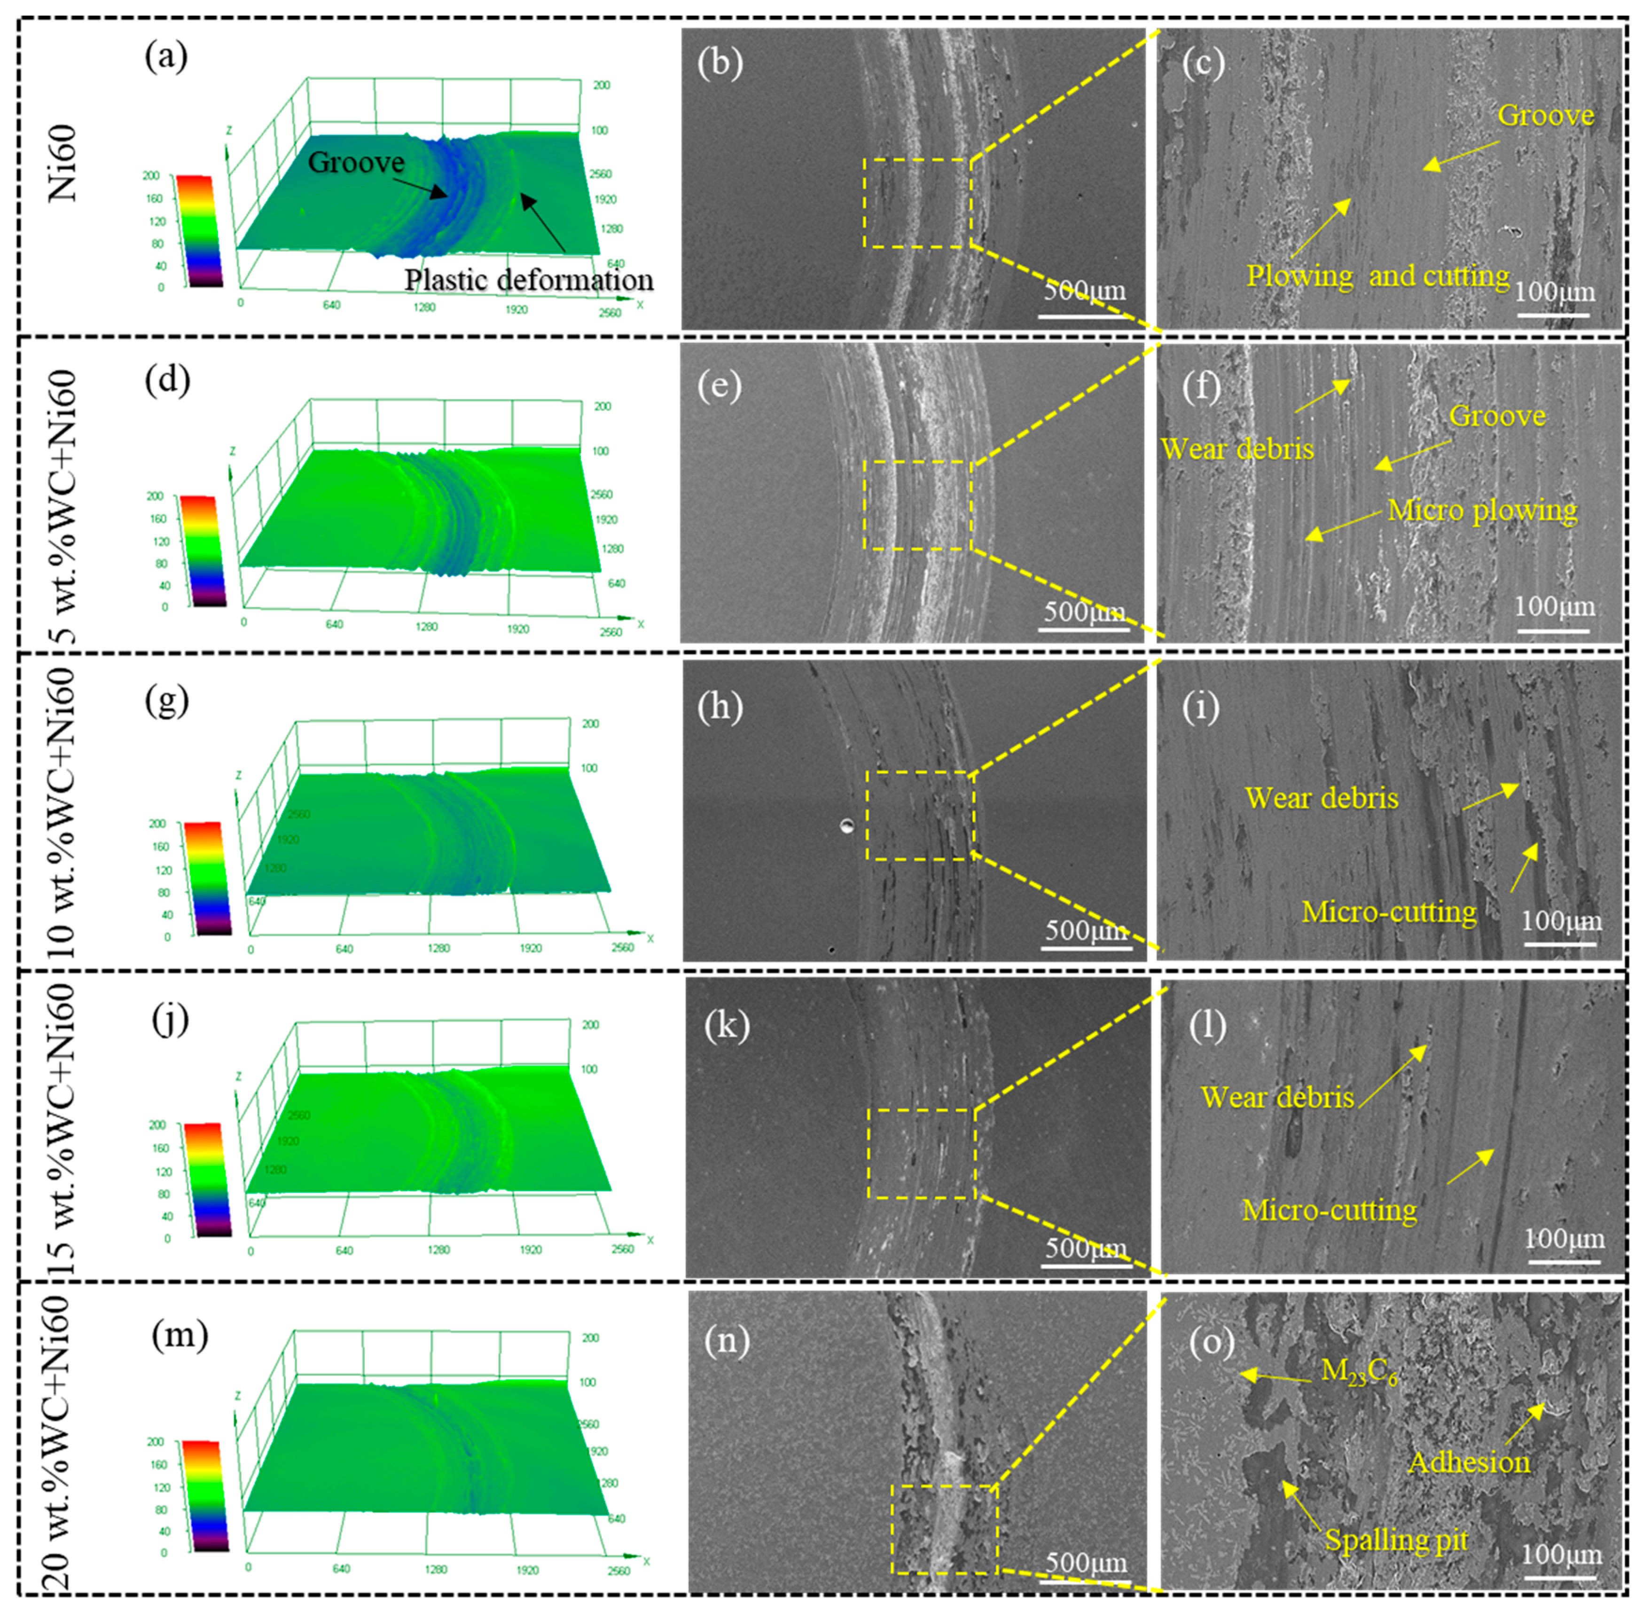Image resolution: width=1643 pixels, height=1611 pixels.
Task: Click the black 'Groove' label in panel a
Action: click(356, 162)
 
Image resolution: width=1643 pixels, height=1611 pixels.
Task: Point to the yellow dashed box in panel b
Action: click(917, 203)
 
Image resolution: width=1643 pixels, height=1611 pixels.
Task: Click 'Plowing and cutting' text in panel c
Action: click(1377, 276)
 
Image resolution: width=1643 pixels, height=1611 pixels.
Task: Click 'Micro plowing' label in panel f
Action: click(1482, 510)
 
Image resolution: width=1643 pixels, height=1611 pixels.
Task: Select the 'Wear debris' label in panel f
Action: click(1237, 448)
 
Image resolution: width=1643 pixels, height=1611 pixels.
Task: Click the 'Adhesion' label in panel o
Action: click(1469, 1462)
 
